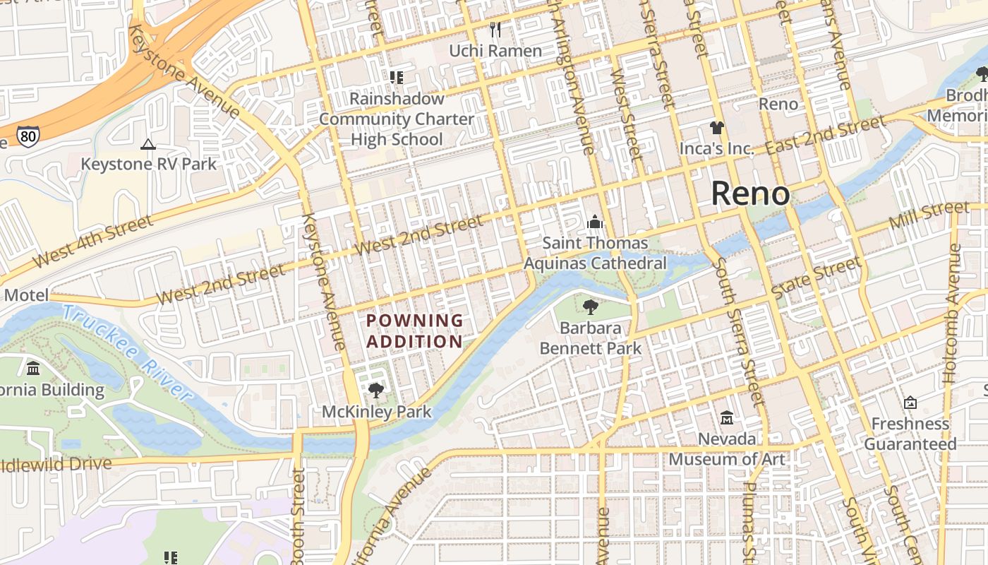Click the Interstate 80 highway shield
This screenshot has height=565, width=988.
tap(28, 137)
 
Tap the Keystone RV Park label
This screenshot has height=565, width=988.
tap(148, 164)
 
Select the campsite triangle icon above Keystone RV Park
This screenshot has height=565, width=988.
tap(147, 145)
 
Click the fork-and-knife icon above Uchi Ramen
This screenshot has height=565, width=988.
tap(495, 30)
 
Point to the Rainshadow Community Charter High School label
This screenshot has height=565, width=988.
tap(397, 119)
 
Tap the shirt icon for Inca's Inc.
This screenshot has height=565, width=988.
tap(717, 128)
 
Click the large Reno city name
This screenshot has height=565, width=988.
tap(749, 193)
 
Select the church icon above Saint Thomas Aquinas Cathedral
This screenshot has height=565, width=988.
tap(594, 222)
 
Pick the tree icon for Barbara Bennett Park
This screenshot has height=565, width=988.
tap(590, 307)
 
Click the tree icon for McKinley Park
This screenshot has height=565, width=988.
tap(376, 390)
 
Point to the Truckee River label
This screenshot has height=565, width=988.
tap(127, 353)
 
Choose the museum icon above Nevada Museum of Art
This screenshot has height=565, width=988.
tap(726, 417)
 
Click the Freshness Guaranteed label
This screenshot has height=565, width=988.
tap(910, 434)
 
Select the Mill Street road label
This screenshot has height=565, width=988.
tap(929, 215)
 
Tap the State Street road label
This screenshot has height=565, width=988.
tap(817, 278)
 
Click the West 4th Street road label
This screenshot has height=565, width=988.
tap(92, 242)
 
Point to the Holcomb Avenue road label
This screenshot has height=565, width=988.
tap(953, 314)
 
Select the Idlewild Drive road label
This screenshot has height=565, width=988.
tap(56, 465)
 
